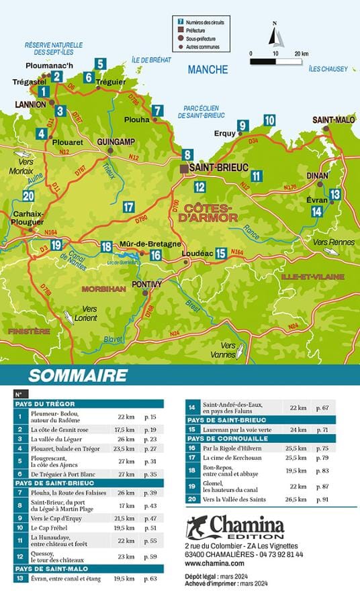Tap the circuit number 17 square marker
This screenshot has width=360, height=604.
click(129, 207)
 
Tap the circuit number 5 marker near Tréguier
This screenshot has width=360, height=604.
click(99, 64)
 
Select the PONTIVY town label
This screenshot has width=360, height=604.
click(147, 285)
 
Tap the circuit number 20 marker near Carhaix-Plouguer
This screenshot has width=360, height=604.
click(28, 196)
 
